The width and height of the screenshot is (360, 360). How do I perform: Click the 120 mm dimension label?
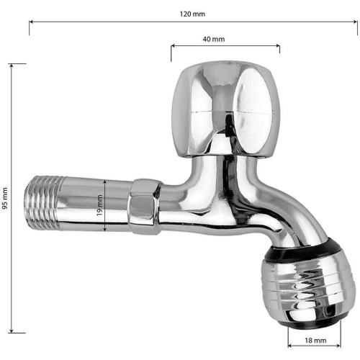pos(192,14)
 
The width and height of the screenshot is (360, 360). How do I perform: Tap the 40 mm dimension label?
pos(214,39)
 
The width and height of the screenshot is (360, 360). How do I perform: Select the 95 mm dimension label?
pos(5,199)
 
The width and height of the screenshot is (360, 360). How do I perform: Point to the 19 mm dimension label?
pos(99,205)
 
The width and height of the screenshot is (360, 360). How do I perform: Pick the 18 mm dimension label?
pos(315,341)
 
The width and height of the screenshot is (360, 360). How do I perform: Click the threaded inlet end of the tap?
pos(43,203)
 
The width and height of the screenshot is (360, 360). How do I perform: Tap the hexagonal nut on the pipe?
pos(144,207)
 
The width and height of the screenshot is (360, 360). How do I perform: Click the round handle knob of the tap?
pos(226,109)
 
